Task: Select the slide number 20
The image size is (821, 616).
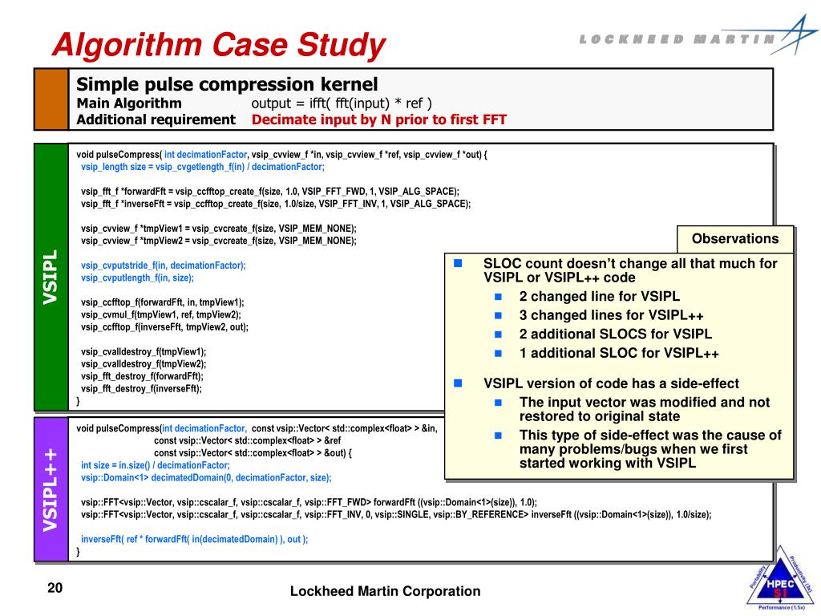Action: [x=55, y=589]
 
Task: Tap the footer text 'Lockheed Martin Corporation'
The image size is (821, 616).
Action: [x=385, y=592]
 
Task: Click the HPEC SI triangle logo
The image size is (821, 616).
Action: [x=774, y=582]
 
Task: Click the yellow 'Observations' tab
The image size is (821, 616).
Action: [x=735, y=239]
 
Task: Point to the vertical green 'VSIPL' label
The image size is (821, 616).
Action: [x=50, y=277]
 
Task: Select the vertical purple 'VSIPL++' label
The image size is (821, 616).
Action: [x=50, y=489]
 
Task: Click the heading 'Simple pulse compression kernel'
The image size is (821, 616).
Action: [x=227, y=84]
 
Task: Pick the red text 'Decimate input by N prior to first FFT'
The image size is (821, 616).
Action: [x=379, y=120]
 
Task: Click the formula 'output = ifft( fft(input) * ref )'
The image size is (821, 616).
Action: [x=342, y=103]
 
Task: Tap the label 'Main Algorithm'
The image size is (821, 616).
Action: [x=129, y=103]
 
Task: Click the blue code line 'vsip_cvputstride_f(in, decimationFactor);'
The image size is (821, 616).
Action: [x=164, y=265]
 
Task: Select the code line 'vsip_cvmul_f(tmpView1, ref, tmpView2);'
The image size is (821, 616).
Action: [x=161, y=314]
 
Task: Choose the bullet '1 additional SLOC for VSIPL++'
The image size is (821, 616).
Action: [x=619, y=353]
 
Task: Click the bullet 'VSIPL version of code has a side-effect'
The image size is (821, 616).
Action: [x=611, y=383]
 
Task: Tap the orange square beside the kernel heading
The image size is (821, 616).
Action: [x=51, y=99]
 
